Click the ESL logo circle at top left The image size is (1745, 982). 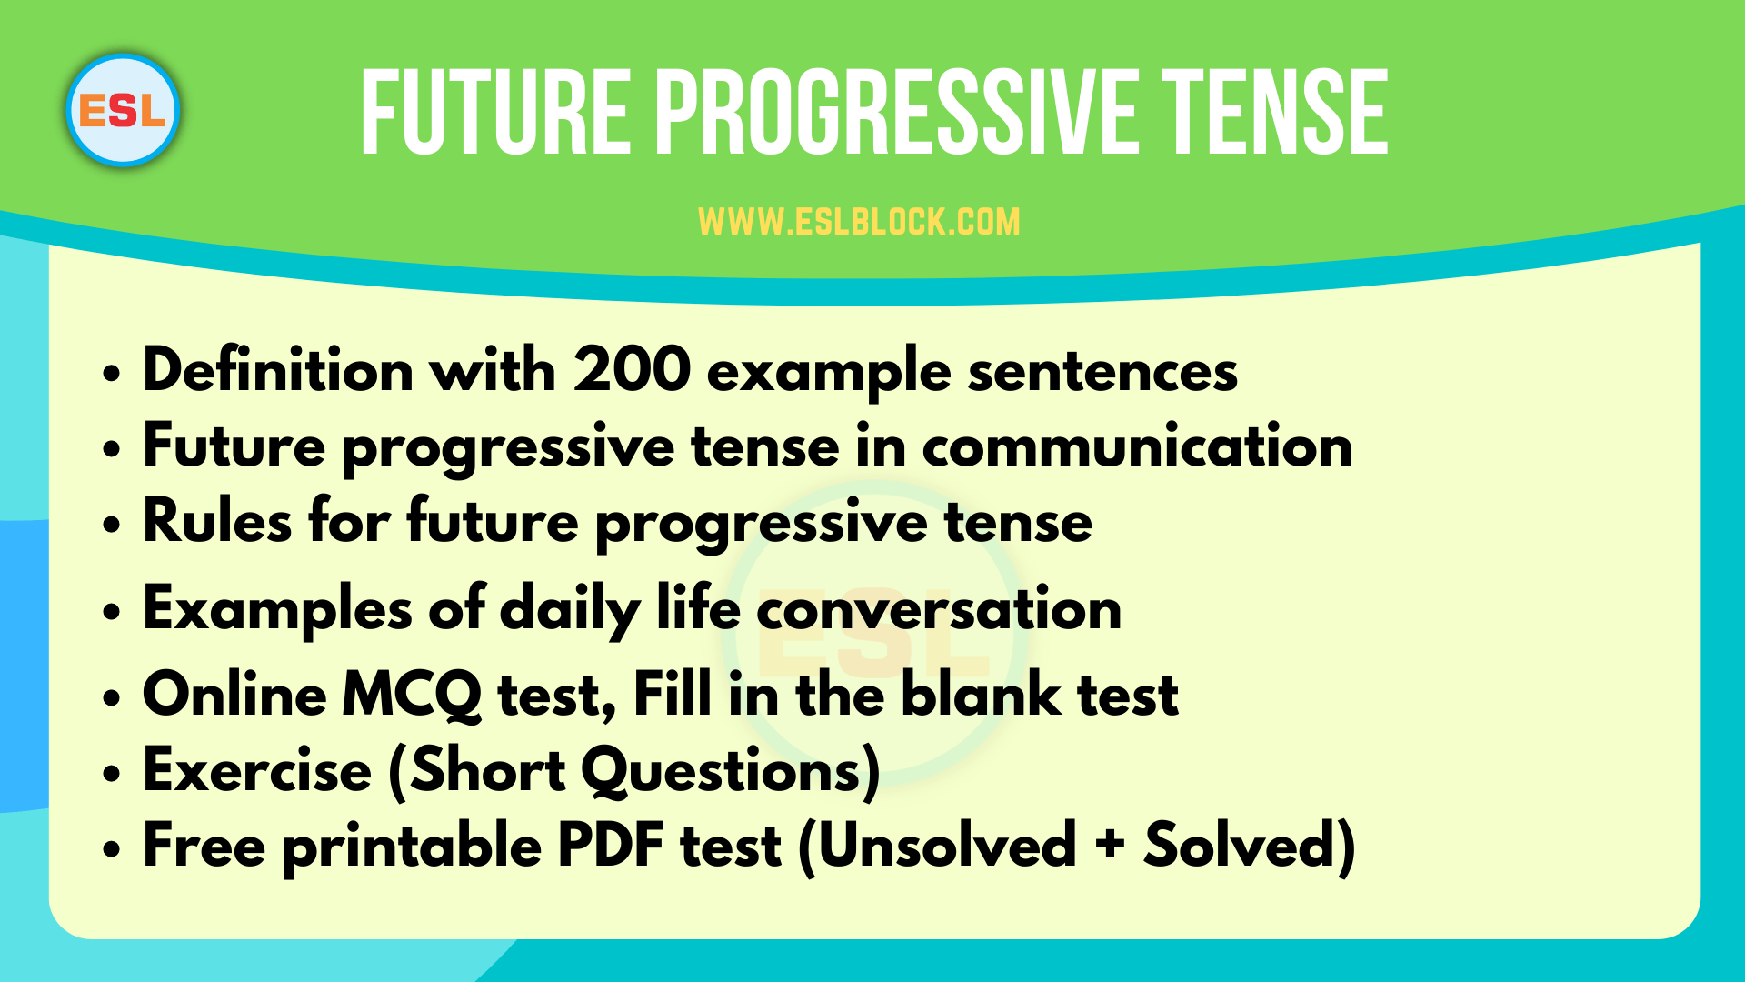point(123,111)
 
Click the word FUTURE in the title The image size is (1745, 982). point(495,115)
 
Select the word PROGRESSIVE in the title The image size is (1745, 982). point(895,115)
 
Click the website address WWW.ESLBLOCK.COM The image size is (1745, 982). point(859,222)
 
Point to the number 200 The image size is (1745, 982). point(632,371)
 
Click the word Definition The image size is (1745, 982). point(278,371)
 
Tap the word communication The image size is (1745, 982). point(1137,446)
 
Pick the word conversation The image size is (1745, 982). point(939,609)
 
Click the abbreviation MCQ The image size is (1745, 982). point(411,696)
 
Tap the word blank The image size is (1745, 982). point(981,696)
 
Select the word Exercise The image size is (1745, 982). point(257,771)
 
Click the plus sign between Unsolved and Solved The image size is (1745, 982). point(1110,846)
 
